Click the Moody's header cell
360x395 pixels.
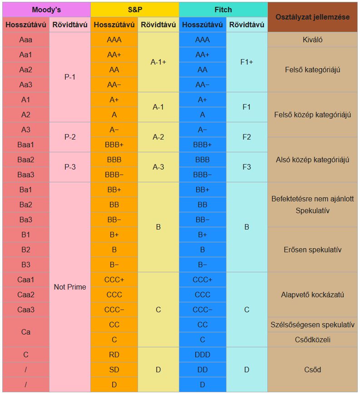(46, 10)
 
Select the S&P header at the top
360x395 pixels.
(134, 10)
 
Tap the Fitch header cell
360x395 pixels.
(223, 10)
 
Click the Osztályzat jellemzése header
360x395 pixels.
(312, 17)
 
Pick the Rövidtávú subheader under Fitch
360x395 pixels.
(247, 25)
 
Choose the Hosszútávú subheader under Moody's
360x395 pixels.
(26, 25)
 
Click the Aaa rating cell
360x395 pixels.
(26, 40)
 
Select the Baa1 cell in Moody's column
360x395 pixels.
(26, 145)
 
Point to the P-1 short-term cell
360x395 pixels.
(70, 77)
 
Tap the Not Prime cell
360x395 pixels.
(70, 287)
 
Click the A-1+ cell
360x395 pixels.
(158, 62)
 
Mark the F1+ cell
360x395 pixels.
(247, 62)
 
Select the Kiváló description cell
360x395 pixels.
(312, 40)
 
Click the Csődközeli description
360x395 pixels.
(312, 340)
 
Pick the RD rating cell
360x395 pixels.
(114, 355)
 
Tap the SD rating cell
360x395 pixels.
(114, 370)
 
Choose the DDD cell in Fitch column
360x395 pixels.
(202, 355)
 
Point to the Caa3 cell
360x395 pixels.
(26, 310)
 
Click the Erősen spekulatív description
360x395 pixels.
(312, 250)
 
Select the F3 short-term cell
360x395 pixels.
(247, 167)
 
